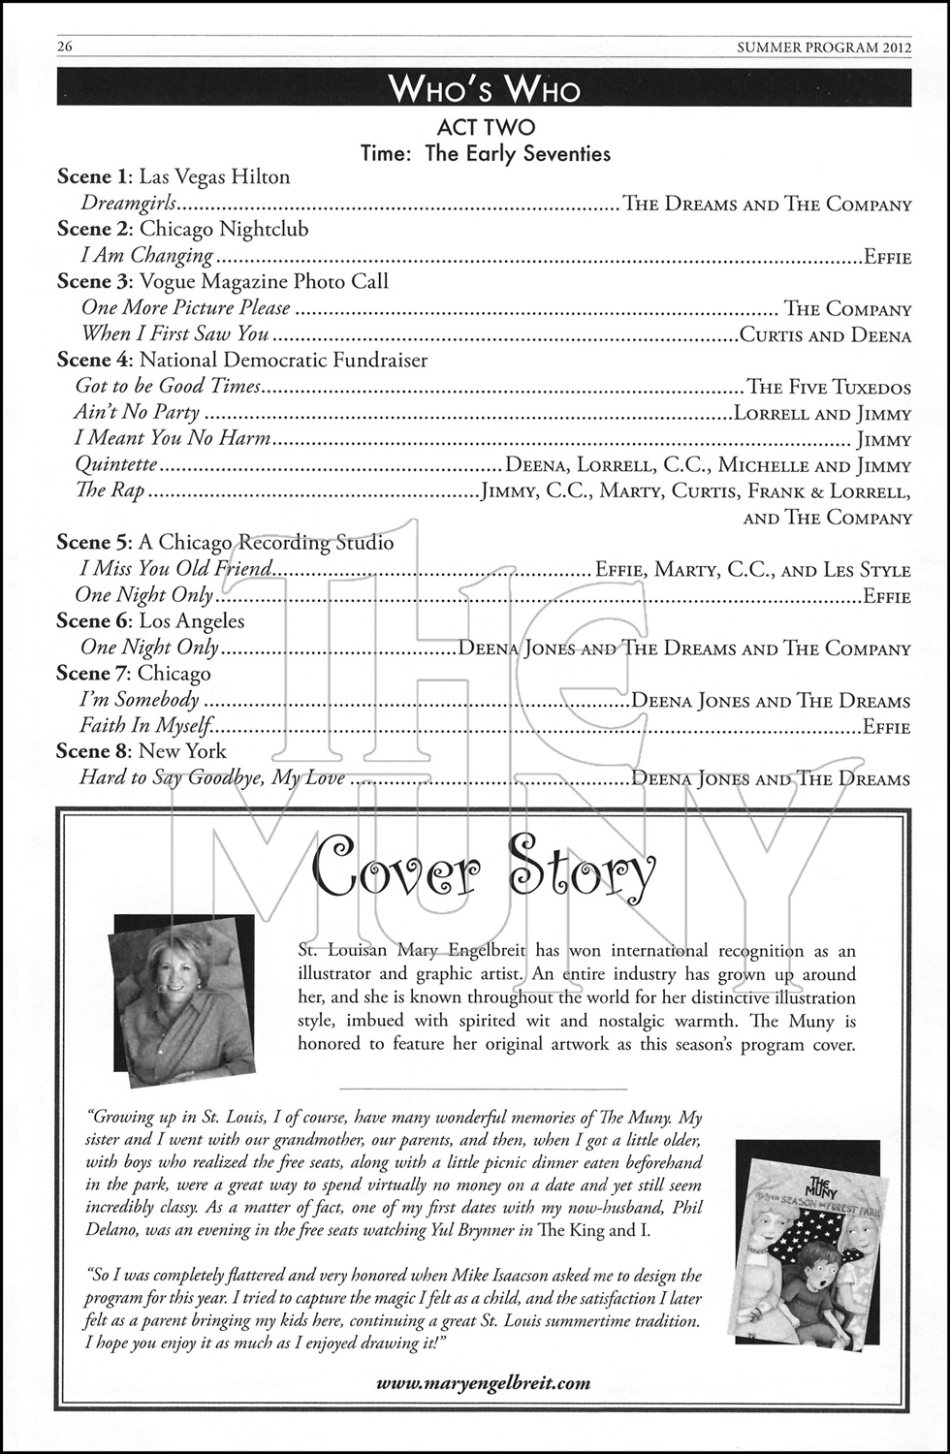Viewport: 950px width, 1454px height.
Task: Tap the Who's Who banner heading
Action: click(x=484, y=90)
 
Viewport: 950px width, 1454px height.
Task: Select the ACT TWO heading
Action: click(x=486, y=128)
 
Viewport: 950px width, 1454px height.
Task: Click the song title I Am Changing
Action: click(x=146, y=256)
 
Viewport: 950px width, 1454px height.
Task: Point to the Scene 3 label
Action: click(x=94, y=281)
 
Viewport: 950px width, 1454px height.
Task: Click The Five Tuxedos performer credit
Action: click(x=829, y=388)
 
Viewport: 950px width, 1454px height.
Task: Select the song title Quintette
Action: click(x=116, y=465)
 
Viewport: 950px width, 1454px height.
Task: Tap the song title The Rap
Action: click(x=110, y=490)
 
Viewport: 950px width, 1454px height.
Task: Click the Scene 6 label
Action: click(x=94, y=621)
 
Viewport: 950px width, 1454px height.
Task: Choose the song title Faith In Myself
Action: click(x=144, y=725)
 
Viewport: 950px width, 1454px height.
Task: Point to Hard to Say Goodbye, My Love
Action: click(x=212, y=777)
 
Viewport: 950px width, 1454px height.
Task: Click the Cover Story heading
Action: click(x=485, y=870)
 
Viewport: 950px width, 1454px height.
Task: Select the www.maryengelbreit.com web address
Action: click(x=484, y=1383)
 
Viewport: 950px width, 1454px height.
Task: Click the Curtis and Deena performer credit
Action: click(x=825, y=335)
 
